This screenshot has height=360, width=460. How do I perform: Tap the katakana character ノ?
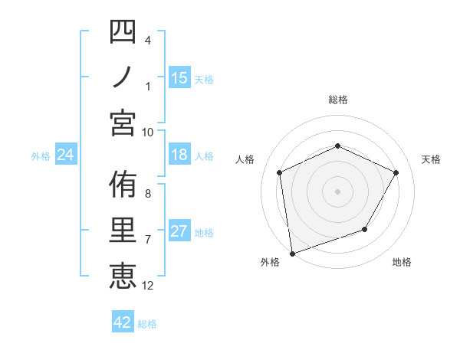pyautogui.click(x=123, y=77)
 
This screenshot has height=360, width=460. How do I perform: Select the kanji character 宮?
pyautogui.click(x=123, y=123)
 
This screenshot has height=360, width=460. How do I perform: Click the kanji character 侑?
pyautogui.click(x=123, y=185)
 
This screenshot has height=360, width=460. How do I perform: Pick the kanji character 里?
pyautogui.click(x=123, y=231)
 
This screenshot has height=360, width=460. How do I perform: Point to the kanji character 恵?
pyautogui.click(x=123, y=276)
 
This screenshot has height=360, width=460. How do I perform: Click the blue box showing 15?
pyautogui.click(x=179, y=77)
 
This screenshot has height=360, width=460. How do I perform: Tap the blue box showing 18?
pyautogui.click(x=179, y=155)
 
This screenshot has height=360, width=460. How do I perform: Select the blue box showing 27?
pyautogui.click(x=179, y=232)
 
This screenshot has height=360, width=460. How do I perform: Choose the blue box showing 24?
pyautogui.click(x=65, y=155)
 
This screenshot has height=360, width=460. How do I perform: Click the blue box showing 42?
pyautogui.click(x=122, y=322)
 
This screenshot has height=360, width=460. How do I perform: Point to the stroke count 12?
pyautogui.click(x=148, y=286)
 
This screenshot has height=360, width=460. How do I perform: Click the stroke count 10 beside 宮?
pyautogui.click(x=148, y=132)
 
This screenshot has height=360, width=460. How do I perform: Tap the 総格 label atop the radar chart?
pyautogui.click(x=337, y=100)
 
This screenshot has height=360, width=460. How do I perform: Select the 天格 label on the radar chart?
pyautogui.click(x=431, y=159)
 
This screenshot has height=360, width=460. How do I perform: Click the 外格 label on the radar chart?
pyautogui.click(x=270, y=262)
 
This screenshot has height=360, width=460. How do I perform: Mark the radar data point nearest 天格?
pyautogui.click(x=396, y=172)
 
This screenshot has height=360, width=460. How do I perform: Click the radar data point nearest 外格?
pyautogui.click(x=292, y=253)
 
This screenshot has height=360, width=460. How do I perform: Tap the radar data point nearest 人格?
pyautogui.click(x=280, y=172)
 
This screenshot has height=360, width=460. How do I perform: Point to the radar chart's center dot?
pyautogui.click(x=337, y=191)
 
